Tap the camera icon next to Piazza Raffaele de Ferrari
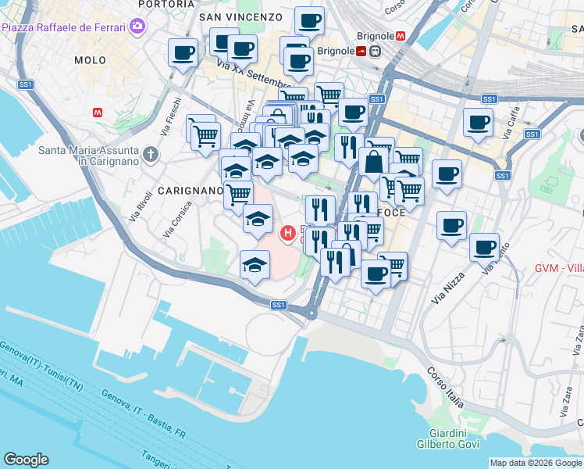tap(138, 27)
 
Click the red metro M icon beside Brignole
tap(400, 36)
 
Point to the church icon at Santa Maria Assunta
tap(151, 154)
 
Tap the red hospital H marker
tap(288, 232)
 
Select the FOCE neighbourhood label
tap(391, 213)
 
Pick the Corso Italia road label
tap(446, 387)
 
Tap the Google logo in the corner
tap(26, 460)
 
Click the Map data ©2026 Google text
tap(536, 463)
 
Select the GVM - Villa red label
tap(559, 268)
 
